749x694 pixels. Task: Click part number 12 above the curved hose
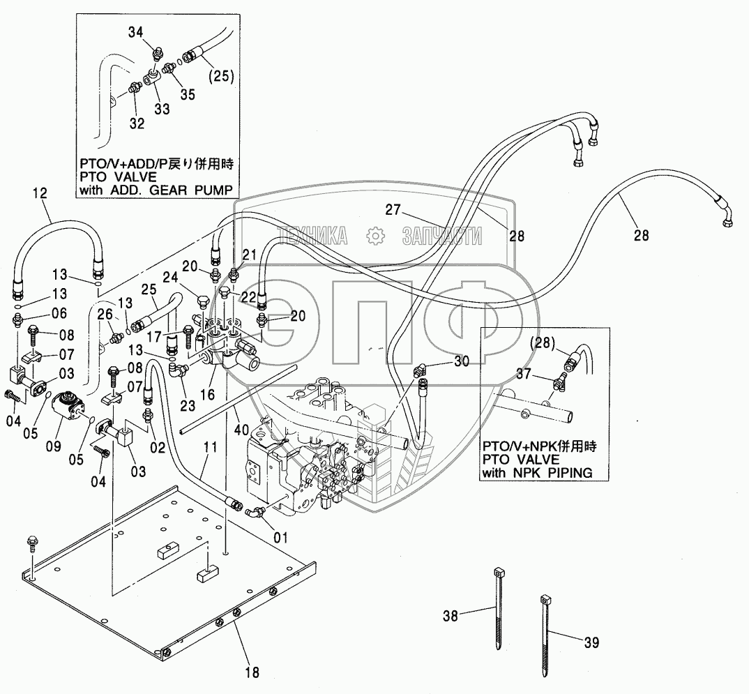tap(40, 193)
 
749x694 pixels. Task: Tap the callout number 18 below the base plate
tap(252, 672)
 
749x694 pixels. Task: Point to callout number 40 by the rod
tap(242, 430)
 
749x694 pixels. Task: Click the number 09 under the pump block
tap(54, 446)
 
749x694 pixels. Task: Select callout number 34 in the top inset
tap(136, 33)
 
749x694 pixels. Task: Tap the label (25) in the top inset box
tap(222, 77)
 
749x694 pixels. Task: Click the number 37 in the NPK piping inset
tap(524, 374)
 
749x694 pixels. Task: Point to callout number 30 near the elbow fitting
tap(462, 361)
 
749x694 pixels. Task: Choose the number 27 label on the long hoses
tap(393, 210)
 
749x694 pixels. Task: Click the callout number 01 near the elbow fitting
tap(281, 538)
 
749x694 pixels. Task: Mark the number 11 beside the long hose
tap(210, 448)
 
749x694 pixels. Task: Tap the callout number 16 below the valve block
tap(207, 395)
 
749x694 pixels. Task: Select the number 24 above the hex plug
tap(170, 278)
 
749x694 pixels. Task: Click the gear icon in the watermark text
tap(375, 236)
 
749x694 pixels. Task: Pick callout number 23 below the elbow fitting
tap(188, 405)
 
